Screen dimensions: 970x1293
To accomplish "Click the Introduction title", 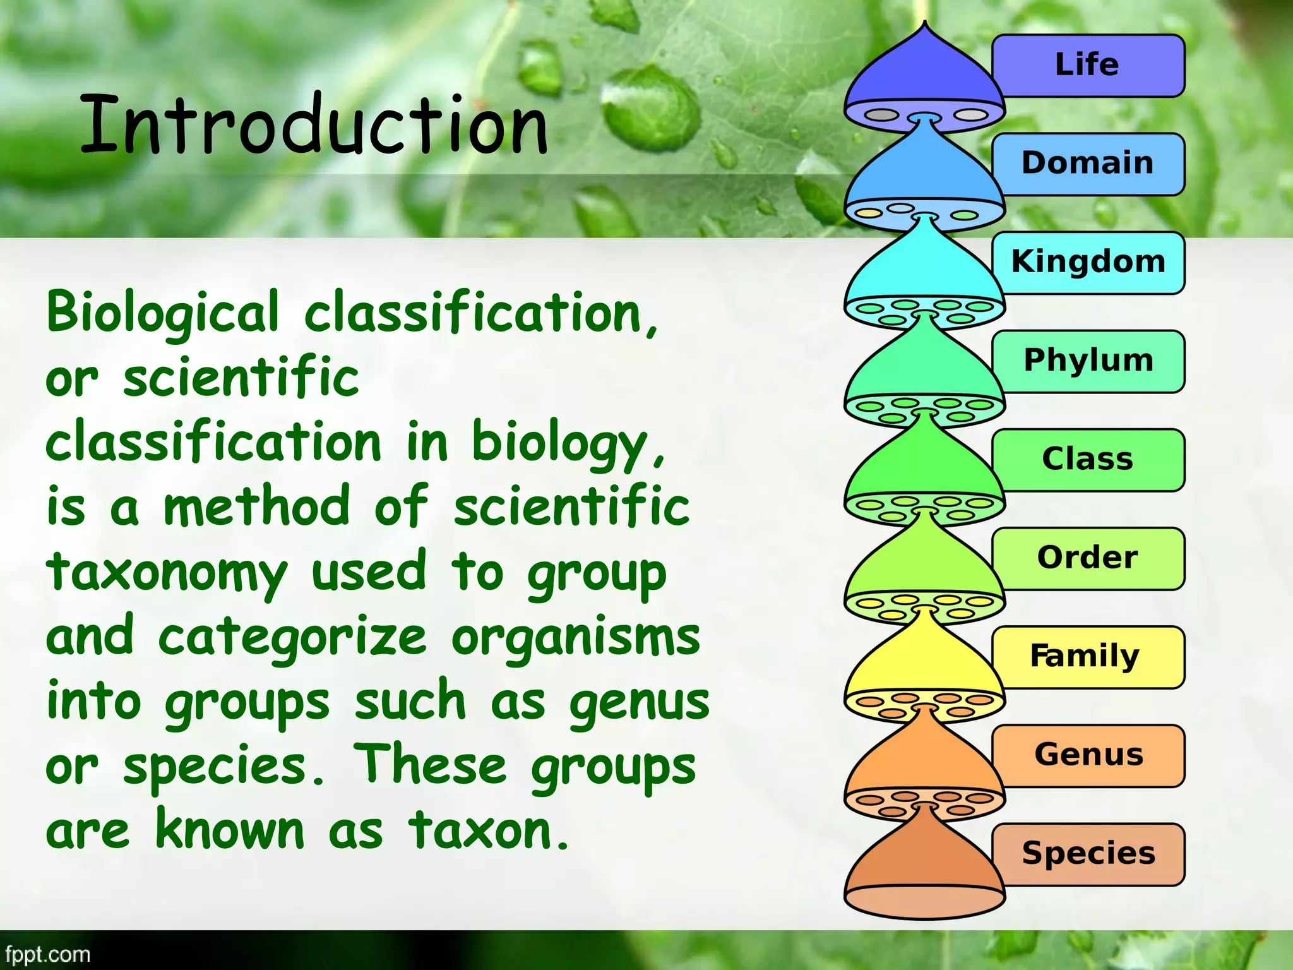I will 314,124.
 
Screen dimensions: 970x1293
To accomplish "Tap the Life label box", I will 1087,66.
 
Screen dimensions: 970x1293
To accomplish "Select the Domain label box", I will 1087,164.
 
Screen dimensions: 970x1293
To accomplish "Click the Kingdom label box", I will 1087,263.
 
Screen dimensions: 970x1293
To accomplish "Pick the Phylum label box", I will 1087,361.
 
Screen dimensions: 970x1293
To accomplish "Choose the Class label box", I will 1087,460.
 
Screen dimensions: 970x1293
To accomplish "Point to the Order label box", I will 1087,558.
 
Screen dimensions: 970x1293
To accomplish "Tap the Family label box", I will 1087,657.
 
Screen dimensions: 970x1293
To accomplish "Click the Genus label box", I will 1087,755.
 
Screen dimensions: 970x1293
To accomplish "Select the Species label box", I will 1087,854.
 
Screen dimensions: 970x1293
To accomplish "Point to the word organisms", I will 575,638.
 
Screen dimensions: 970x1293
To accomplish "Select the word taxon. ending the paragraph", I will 489,831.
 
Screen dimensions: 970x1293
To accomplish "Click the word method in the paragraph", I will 256,507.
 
